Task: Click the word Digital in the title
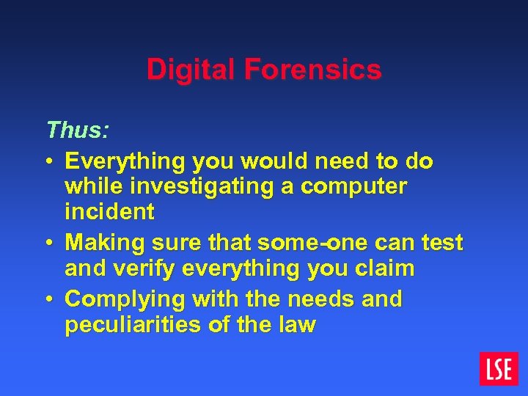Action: (192, 70)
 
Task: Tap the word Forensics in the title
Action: (313, 70)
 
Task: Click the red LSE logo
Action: (499, 368)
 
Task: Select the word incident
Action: (109, 212)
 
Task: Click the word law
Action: (296, 324)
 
